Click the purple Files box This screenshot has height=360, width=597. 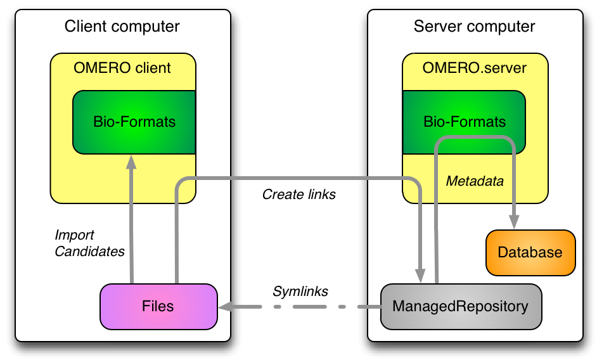pos(159,306)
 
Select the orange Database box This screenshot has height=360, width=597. pos(530,253)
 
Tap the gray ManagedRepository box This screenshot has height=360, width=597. pos(461,306)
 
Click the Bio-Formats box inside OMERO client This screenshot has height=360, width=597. pos(134,122)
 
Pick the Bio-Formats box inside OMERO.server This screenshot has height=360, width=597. pos(464,122)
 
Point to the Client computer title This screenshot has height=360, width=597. pos(122,26)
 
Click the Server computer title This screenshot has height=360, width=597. pos(475,26)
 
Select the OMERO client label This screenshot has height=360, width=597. pos(122,68)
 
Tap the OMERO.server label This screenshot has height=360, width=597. pos(475,68)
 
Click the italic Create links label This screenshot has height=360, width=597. pos(299,195)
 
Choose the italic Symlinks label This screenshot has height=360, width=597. pos(300,292)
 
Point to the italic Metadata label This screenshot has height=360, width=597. pos(475,181)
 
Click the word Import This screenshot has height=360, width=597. pos(74,235)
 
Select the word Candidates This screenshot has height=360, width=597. pos(89,252)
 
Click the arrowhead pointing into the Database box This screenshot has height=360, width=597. pos(514,222)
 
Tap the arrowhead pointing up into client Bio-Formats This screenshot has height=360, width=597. pos(131,162)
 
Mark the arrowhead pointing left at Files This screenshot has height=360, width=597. pos(226,307)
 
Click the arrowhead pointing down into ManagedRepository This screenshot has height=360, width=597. pos(420,275)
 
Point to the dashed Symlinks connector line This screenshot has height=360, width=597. pos(300,307)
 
